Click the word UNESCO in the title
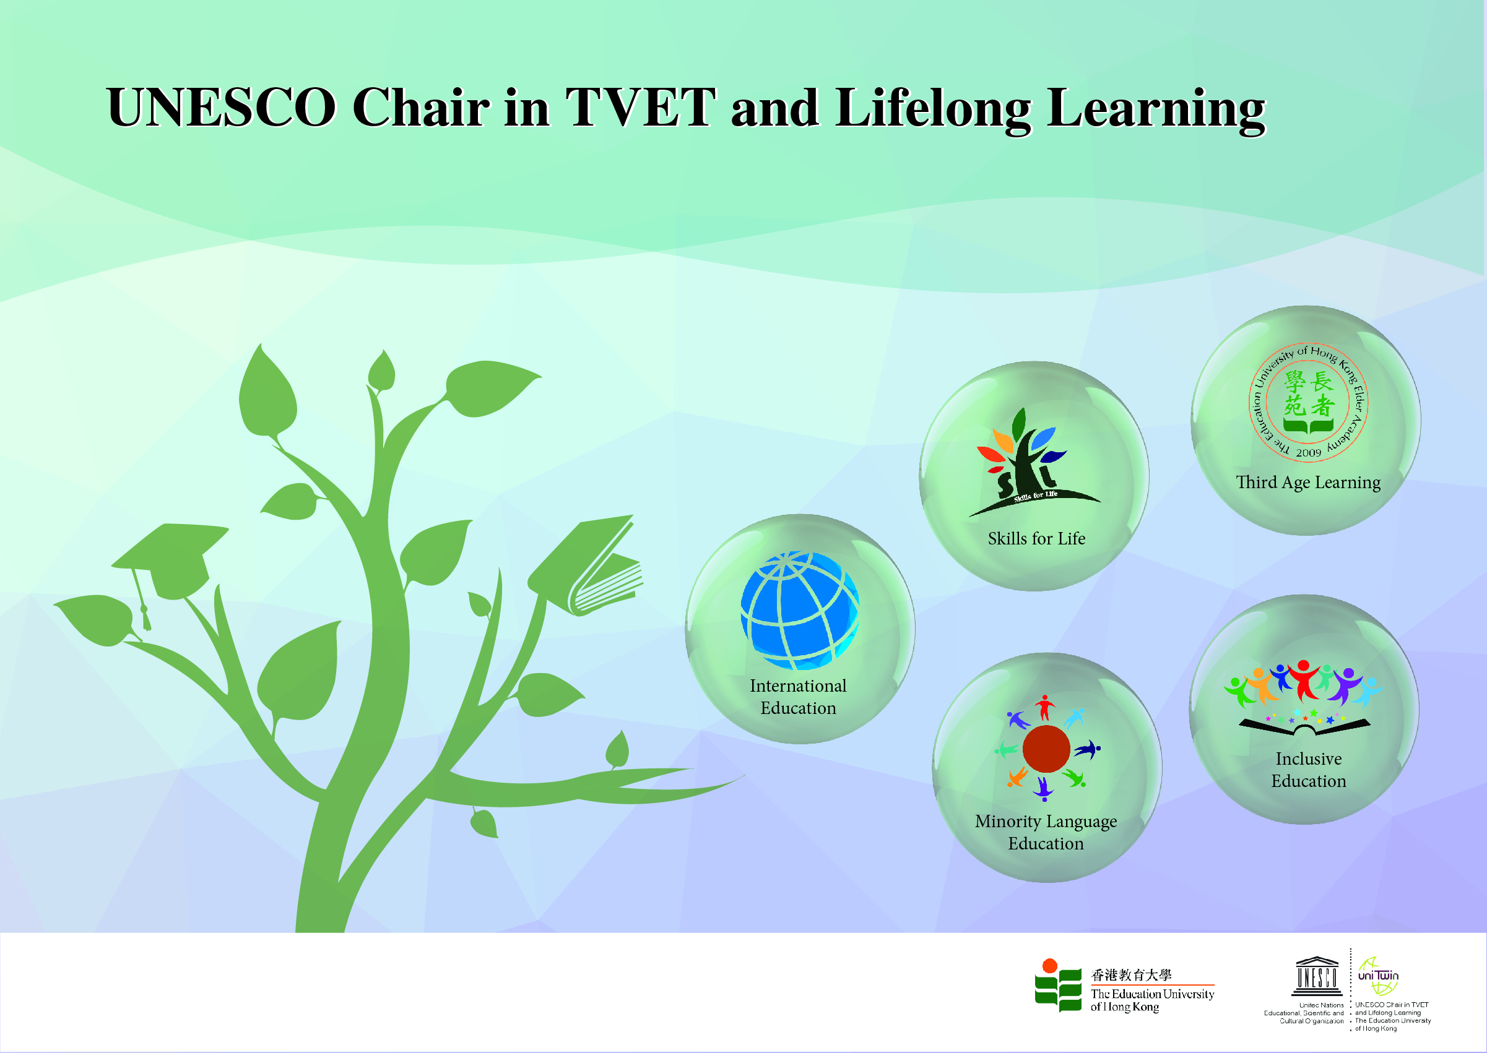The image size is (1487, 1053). point(222,107)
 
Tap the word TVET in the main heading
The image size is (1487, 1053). point(641,107)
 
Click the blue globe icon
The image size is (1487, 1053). point(800,610)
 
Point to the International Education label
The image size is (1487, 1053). point(798,697)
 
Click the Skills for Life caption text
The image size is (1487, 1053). point(1036,539)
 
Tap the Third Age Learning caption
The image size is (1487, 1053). point(1308,483)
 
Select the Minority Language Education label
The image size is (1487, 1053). point(1046,833)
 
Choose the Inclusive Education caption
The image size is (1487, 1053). point(1309,770)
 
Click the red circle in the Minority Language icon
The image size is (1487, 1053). point(1046,749)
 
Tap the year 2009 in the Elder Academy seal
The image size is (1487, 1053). point(1308,453)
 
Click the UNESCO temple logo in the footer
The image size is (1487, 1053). point(1316,976)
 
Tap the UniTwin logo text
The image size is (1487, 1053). point(1378,976)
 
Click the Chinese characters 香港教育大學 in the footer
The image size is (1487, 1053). point(1132,974)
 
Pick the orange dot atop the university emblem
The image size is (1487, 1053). point(1050,966)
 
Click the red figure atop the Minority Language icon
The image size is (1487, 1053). point(1044,707)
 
